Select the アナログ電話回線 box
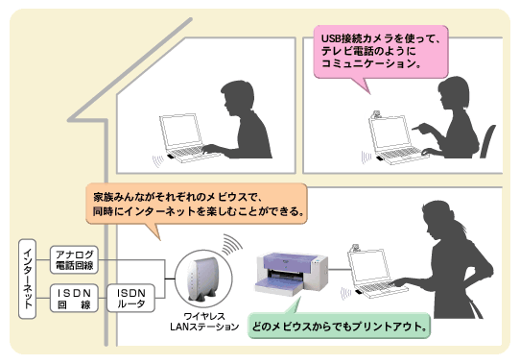tap(76, 258)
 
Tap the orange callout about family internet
tap(198, 199)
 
